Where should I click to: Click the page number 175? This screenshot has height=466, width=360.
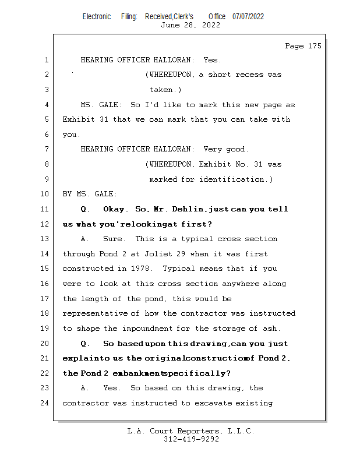(x=313, y=46)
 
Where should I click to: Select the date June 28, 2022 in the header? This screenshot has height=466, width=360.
(x=190, y=25)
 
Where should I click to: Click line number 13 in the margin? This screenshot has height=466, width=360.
(x=45, y=239)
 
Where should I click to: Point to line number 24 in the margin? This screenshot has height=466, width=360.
(x=45, y=403)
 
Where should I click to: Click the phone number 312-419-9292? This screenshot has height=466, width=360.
(x=191, y=439)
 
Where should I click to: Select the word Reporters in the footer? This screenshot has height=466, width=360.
(x=191, y=431)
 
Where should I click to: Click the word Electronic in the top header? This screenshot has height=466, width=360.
(x=97, y=16)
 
